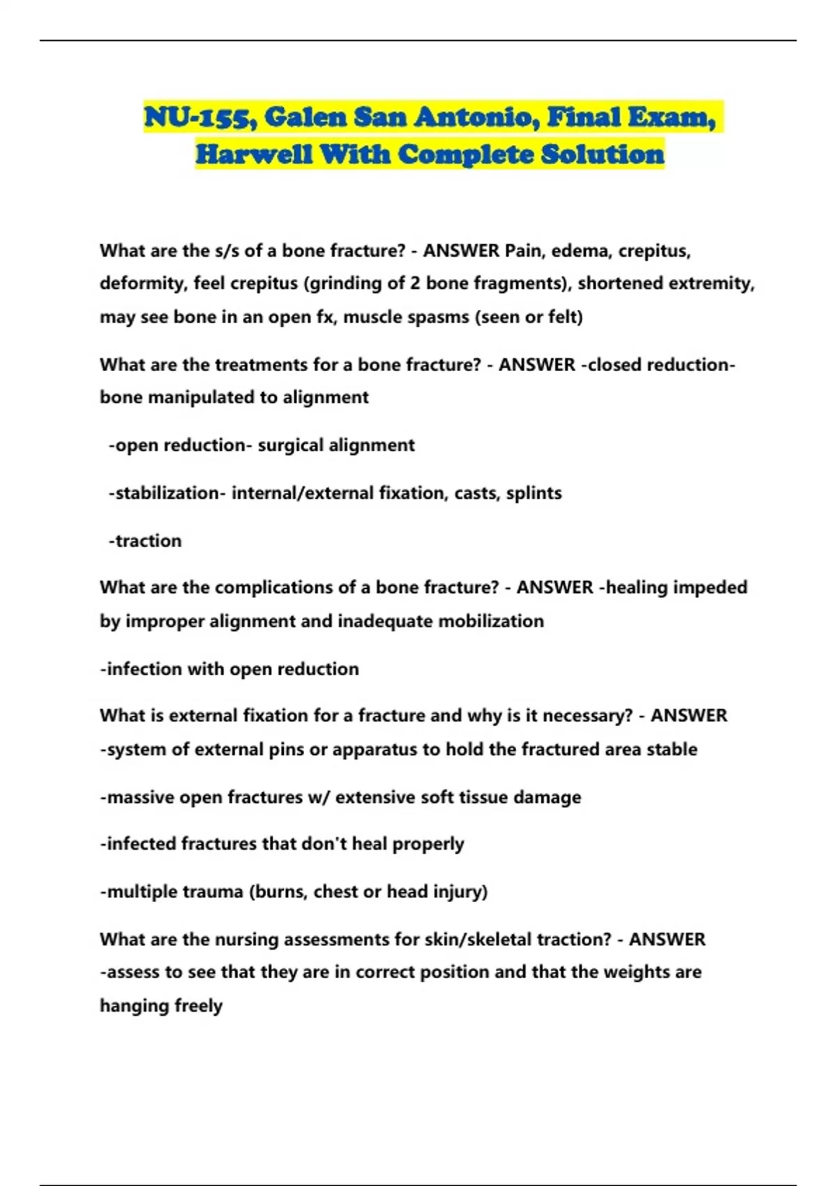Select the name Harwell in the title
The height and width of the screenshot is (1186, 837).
(253, 155)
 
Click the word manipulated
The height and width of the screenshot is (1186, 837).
(198, 398)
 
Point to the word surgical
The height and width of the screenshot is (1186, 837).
(290, 445)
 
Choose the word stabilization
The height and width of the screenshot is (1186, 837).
(167, 493)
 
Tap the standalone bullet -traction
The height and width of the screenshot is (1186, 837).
(145, 541)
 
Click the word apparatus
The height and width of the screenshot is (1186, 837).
(375, 749)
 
